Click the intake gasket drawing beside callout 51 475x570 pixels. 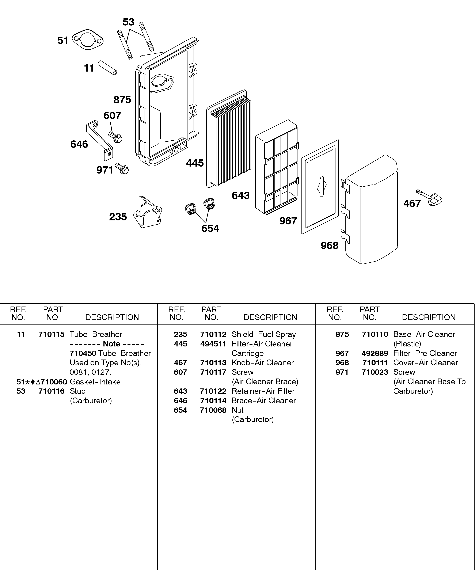[x=87, y=40]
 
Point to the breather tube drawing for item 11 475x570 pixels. [x=107, y=68]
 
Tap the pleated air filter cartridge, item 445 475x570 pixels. [x=229, y=140]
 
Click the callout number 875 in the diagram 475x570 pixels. [x=122, y=100]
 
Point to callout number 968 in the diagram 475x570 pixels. [x=330, y=246]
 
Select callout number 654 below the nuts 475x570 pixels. [x=210, y=229]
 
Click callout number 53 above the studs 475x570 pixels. [x=128, y=22]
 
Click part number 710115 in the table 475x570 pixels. [x=51, y=334]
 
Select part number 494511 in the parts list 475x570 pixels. [x=213, y=344]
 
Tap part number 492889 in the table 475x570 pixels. [x=375, y=353]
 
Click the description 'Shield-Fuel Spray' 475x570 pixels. [x=263, y=334]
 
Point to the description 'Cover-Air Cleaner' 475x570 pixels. [x=425, y=363]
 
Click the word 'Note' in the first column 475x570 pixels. [x=111, y=344]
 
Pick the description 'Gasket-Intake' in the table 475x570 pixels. [x=95, y=382]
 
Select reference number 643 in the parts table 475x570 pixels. [x=180, y=391]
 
